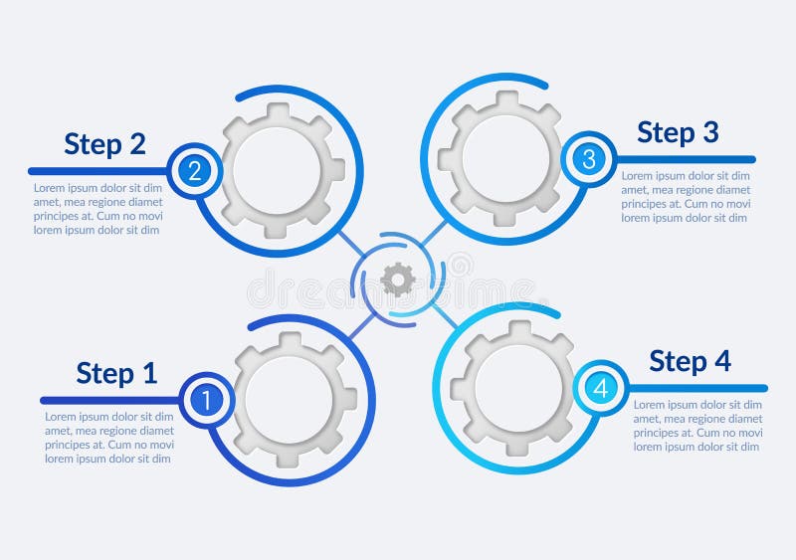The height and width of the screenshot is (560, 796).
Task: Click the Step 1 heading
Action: (116, 373)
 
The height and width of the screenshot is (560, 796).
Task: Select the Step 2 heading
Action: (104, 144)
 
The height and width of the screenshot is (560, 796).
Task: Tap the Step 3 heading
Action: (678, 132)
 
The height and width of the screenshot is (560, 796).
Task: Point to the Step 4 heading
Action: (690, 361)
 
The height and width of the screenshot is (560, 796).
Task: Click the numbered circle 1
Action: (207, 400)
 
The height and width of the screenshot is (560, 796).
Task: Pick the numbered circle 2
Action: (195, 171)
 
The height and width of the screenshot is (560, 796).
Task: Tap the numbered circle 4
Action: (601, 388)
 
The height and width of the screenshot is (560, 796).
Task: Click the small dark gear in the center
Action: (398, 280)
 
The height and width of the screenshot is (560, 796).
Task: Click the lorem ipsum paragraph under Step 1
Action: (109, 438)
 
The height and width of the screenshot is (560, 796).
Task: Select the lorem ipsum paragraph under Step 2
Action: (98, 209)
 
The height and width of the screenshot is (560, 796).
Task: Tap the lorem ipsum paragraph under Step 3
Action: (687, 197)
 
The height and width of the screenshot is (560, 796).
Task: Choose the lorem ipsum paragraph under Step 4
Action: (698, 426)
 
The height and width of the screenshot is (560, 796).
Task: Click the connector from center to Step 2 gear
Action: (349, 244)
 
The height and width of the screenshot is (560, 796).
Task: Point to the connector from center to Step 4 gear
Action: (444, 316)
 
